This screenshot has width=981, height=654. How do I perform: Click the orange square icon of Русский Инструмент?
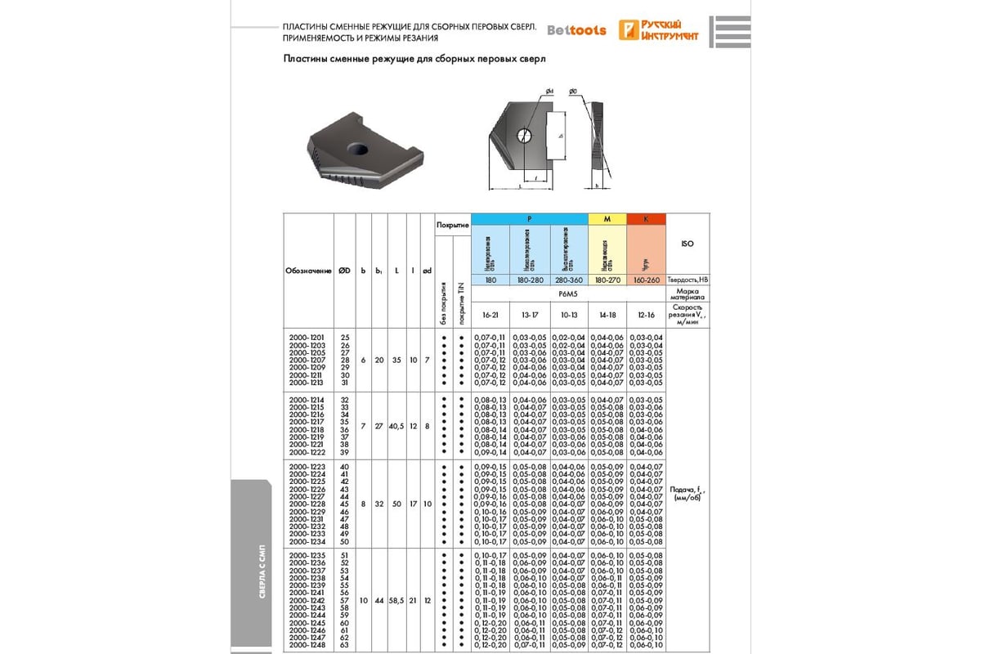629,30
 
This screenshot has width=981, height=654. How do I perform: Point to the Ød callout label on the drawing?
550,91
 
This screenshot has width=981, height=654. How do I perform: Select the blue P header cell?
531,219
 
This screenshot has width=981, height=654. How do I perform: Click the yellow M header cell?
607,219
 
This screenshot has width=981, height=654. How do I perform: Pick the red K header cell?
646,219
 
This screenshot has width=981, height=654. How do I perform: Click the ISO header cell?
688,244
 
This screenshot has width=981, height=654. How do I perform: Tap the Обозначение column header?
308,271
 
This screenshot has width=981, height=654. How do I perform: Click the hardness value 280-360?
568,280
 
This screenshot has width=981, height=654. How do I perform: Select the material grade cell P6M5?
569,293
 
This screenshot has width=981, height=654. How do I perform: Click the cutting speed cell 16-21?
491,314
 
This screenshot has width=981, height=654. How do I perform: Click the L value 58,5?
396,600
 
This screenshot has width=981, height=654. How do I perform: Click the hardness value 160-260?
646,280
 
